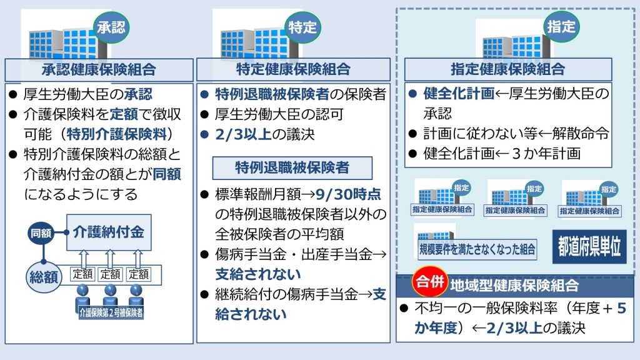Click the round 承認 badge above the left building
point(111,27)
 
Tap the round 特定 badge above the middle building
point(302,27)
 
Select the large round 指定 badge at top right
point(561,26)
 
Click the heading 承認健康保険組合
point(99,70)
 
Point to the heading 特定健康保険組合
point(293,69)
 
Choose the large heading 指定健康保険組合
point(507,69)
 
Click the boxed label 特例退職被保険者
point(292,167)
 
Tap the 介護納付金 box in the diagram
point(109,232)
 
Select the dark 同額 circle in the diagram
point(41,233)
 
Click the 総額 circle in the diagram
point(44,277)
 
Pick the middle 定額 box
point(110,274)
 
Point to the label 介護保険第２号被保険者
point(111,312)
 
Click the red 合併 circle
point(430,281)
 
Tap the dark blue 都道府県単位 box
point(589,246)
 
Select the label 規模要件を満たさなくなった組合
point(477,249)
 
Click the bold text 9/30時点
point(348,194)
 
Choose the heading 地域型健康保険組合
point(514,286)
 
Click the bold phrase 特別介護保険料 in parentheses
point(117,134)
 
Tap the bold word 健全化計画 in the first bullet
point(459,94)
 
